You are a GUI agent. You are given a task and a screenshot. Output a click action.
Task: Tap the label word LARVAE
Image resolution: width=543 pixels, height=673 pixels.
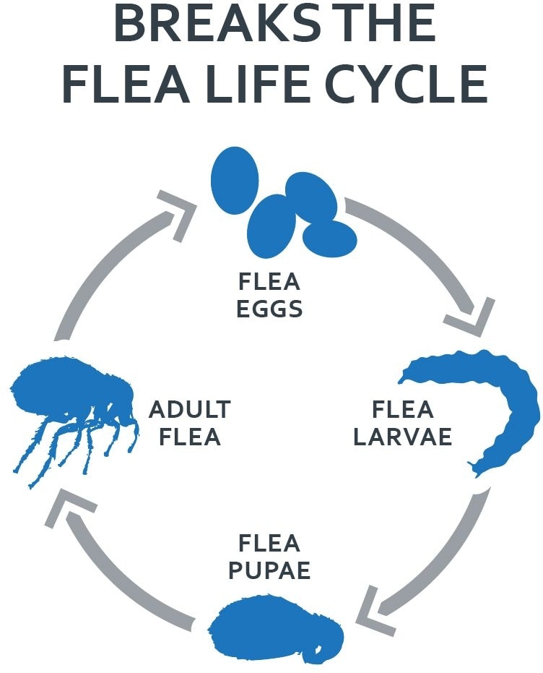click(402, 437)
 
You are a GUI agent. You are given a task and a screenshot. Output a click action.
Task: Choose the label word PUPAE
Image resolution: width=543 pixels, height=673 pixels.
click(269, 570)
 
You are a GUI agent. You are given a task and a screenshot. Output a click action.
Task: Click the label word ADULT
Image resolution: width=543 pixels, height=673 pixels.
click(189, 410)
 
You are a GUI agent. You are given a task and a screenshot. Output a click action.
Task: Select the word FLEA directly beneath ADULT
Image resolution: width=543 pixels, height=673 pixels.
click(189, 437)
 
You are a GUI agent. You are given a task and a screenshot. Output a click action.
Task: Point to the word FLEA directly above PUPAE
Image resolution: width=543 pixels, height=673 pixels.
click(269, 542)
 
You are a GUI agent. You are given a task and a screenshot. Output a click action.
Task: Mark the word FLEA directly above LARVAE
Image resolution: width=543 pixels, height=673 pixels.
click(403, 410)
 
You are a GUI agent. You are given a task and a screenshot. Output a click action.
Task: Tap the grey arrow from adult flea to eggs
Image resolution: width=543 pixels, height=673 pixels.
click(108, 253)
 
